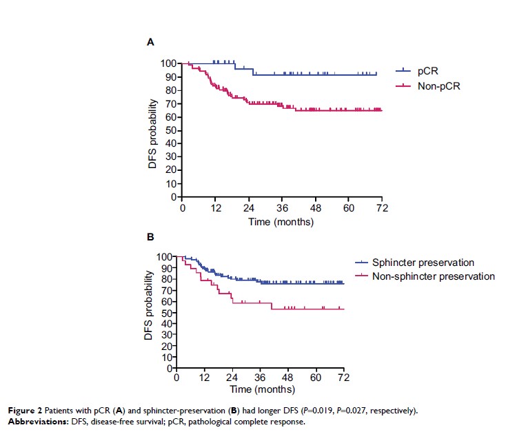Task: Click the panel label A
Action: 151,43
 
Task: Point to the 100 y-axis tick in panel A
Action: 168,63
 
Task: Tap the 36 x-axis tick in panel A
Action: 282,209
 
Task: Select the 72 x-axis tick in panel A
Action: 381,209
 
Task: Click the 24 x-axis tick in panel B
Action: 232,378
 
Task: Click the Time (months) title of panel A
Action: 281,222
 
